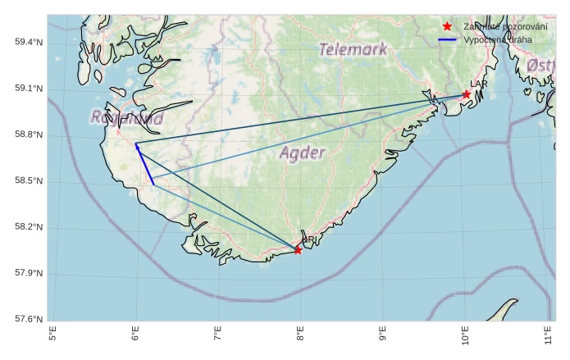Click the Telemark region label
[353, 49]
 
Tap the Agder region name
[303, 153]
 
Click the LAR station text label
[479, 84]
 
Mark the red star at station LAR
[466, 94]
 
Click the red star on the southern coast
[298, 250]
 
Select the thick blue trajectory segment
[144, 164]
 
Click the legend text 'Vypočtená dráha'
[497, 39]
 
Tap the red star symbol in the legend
[447, 26]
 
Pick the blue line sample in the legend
[447, 39]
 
